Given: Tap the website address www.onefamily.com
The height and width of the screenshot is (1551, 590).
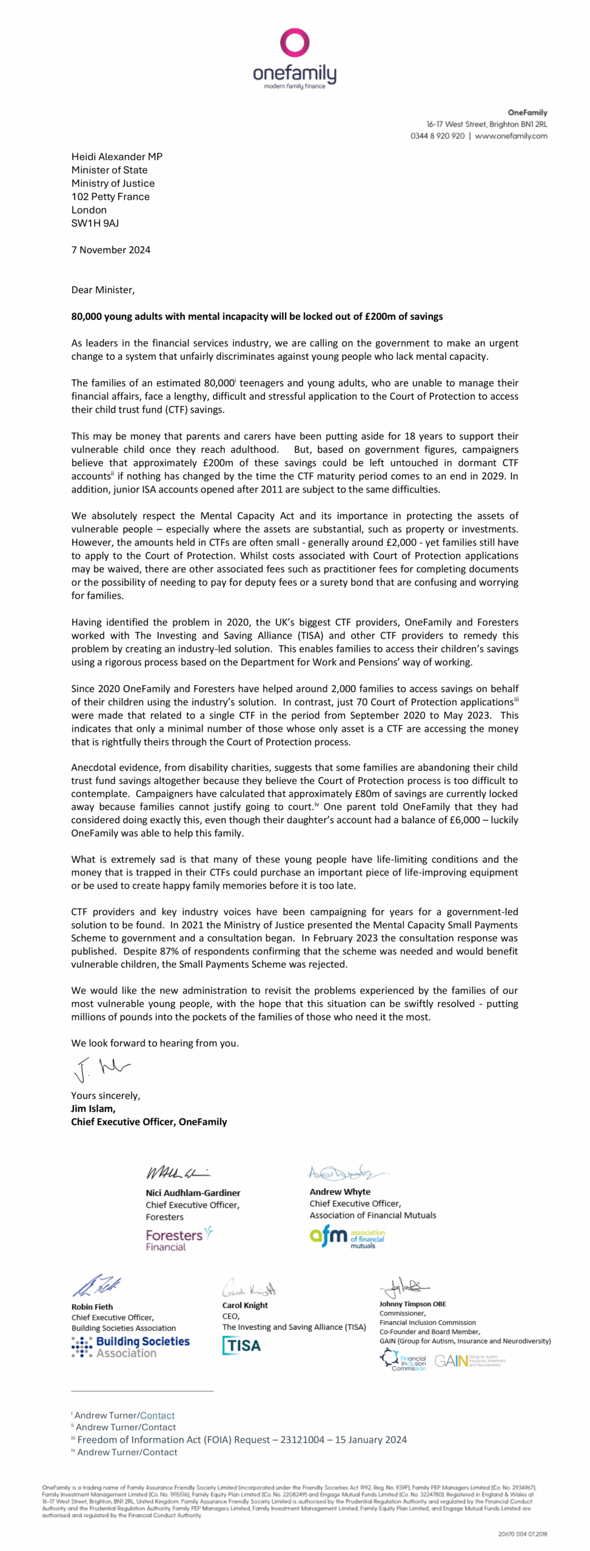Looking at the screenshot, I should tap(511, 136).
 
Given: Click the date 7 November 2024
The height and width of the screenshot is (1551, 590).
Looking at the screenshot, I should tap(111, 250).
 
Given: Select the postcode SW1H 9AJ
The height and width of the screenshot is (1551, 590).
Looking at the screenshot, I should tap(95, 223).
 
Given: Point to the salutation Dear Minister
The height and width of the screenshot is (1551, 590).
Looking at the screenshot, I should tap(103, 290).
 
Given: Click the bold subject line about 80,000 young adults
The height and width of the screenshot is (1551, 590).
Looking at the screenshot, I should tap(257, 316).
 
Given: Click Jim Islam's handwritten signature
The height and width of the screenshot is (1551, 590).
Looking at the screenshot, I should tap(101, 1069).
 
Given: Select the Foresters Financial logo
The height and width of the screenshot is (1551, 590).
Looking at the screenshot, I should tap(179, 1239).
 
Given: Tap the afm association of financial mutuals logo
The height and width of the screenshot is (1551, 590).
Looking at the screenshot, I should tap(347, 1237).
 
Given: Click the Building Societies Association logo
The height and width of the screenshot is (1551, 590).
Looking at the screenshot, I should tap(130, 1347).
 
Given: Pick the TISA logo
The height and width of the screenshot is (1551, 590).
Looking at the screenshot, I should tap(241, 1346).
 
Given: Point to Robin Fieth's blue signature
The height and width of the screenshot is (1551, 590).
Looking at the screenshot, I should tap(97, 1285).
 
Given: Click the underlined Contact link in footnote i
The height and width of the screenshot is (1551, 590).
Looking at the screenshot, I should tap(157, 1415).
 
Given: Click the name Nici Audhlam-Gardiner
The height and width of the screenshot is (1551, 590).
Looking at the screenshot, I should tap(193, 1193).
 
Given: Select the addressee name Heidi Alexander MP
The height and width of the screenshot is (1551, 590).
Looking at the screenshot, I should tap(117, 156).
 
